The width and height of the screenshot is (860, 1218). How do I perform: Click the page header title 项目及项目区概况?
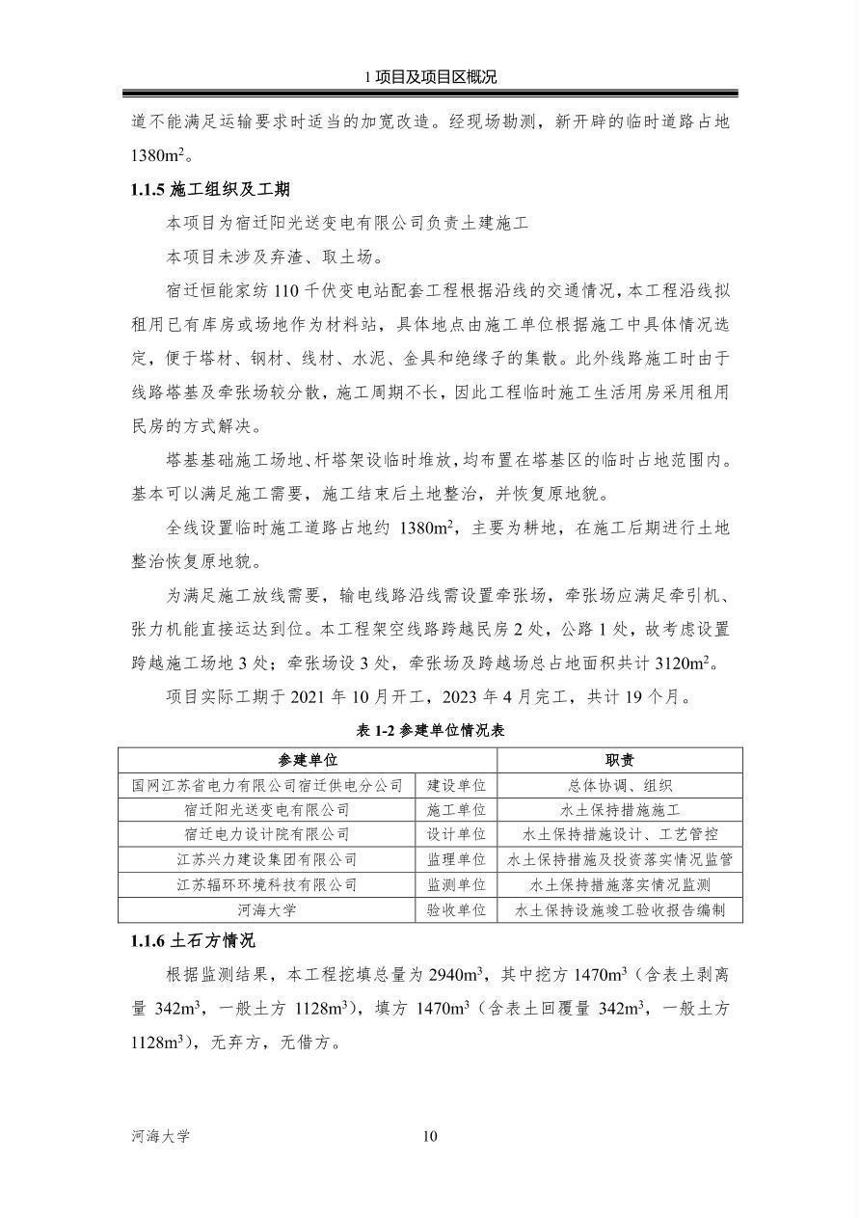tap(435, 78)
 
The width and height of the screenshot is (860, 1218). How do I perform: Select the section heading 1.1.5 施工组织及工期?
tap(210, 189)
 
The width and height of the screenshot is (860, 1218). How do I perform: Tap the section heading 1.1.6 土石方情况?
tap(193, 940)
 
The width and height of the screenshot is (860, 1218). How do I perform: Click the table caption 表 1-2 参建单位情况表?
tap(430, 731)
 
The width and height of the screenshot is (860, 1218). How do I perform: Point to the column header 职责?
tap(619, 761)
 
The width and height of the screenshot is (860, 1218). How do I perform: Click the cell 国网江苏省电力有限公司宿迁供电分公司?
tap(267, 786)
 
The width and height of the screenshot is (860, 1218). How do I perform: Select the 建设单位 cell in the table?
tap(456, 786)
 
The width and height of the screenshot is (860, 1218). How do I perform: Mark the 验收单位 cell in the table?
tap(456, 909)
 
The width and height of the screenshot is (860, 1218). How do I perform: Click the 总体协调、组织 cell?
tap(619, 786)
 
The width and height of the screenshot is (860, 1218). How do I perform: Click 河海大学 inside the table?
tap(267, 909)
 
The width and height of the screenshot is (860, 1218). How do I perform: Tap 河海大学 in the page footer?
tap(161, 1136)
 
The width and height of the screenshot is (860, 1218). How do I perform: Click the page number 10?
tap(430, 1136)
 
